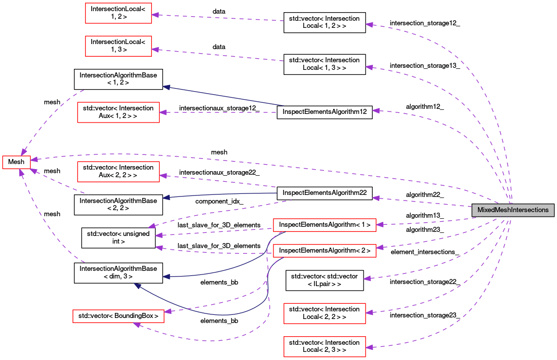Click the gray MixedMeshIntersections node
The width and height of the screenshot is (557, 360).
[512, 210]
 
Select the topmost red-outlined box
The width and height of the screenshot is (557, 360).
[118, 13]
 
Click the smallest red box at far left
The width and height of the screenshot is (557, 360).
[16, 162]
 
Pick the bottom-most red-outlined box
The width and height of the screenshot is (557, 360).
[325, 347]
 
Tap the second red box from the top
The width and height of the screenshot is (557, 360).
[118, 46]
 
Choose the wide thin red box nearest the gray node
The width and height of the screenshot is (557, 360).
[325, 225]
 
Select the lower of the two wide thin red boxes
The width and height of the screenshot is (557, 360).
[325, 251]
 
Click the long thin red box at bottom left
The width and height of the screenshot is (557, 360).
[118, 316]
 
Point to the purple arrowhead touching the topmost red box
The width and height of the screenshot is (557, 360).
[155, 15]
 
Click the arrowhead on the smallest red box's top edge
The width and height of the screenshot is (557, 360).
[23, 152]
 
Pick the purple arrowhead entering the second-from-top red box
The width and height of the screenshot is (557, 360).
[155, 49]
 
